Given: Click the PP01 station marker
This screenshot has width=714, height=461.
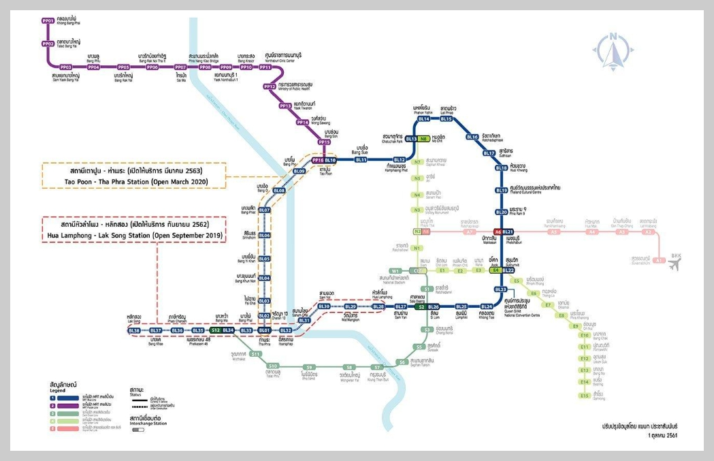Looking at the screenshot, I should point(48,21).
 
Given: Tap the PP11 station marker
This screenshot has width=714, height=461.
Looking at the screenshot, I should point(265,67).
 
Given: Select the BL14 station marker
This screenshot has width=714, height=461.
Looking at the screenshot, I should point(423,119).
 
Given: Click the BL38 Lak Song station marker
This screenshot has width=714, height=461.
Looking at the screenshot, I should point(135,330).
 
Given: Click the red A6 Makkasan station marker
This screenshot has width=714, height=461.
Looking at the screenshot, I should point(498,232).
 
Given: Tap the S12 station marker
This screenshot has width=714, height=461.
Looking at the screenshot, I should point(214,330).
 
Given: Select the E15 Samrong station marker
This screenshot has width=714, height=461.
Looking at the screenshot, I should point(583,394).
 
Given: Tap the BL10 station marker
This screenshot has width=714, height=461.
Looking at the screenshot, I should point(331,160).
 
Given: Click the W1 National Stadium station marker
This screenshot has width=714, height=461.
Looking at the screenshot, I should point(395,271).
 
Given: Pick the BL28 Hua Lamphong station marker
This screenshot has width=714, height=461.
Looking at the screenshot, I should point(378,306).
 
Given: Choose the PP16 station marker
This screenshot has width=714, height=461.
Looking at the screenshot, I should point(318,160).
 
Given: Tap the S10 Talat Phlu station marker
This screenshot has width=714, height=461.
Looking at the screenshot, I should point(273,366).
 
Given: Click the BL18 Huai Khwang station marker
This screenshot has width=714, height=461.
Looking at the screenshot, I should point(501,168).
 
